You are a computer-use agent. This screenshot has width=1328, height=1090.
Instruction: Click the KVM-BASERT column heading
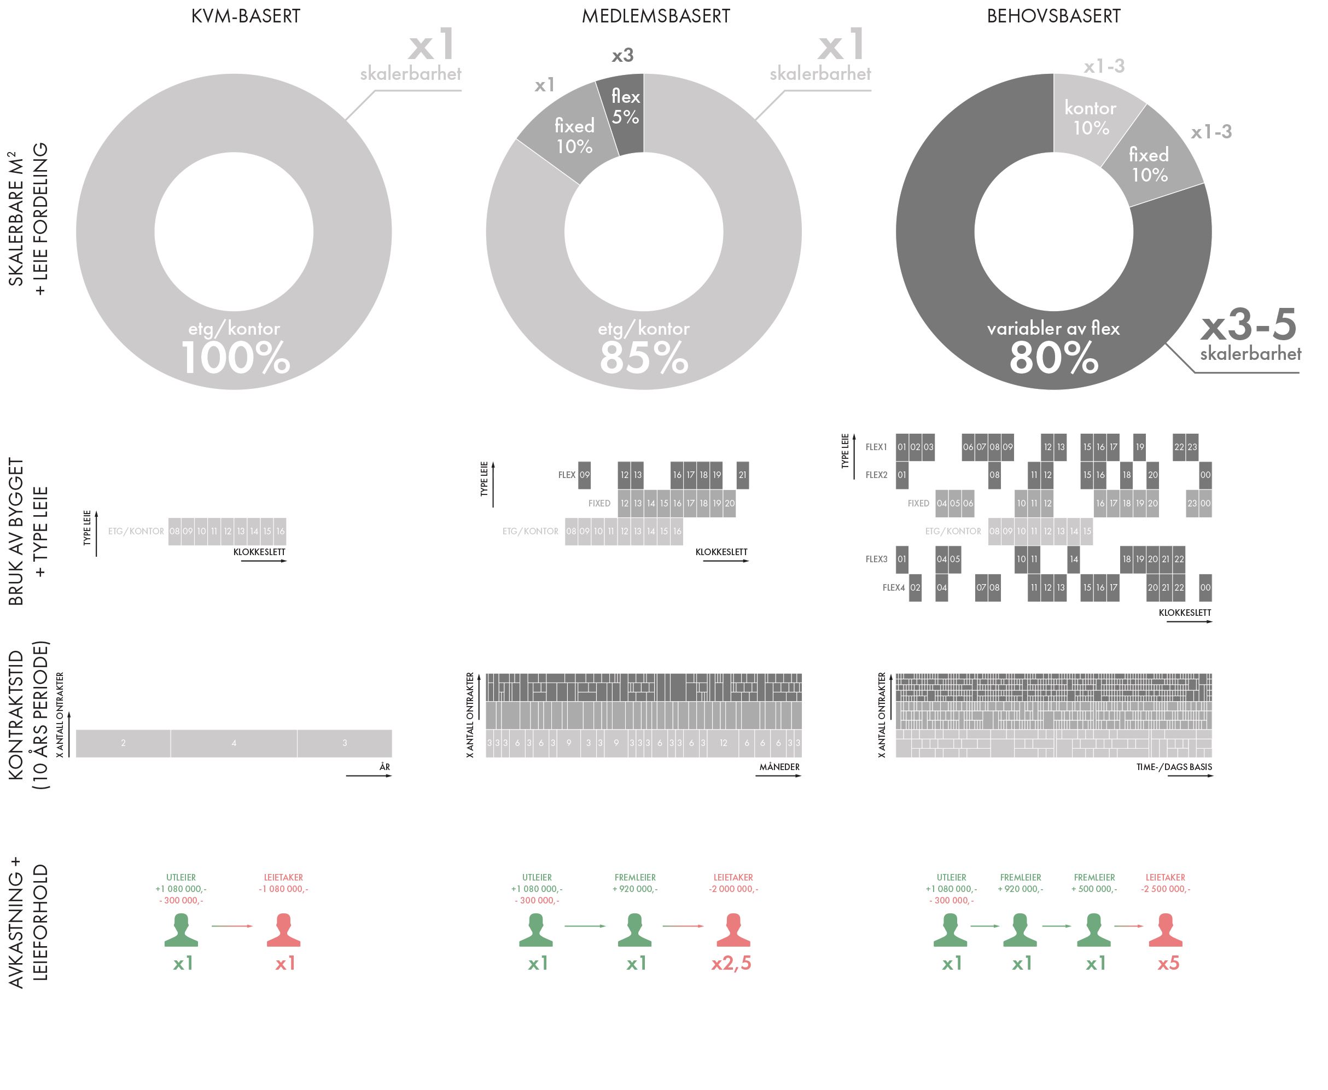[246, 16]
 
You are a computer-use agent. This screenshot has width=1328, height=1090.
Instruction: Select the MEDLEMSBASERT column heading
[656, 16]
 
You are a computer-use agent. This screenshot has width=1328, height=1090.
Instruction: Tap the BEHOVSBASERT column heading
[1053, 16]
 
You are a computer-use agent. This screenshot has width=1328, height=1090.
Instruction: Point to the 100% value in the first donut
[235, 358]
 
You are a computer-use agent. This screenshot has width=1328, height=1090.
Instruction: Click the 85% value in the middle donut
[644, 358]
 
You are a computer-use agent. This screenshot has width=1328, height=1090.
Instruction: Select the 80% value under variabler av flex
[1053, 358]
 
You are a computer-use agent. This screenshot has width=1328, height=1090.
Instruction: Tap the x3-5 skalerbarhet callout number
[1248, 325]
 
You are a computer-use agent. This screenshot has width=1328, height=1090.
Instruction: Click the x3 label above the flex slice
[623, 56]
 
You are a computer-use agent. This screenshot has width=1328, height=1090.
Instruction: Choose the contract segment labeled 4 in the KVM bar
[234, 743]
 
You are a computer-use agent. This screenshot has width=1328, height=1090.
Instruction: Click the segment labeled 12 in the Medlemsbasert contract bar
[723, 743]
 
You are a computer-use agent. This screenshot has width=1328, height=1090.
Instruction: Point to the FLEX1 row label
[876, 447]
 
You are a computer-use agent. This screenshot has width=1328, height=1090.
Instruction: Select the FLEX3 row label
[876, 559]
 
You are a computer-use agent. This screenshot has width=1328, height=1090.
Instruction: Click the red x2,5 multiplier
[731, 963]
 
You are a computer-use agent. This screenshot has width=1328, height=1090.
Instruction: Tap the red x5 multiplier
[1168, 963]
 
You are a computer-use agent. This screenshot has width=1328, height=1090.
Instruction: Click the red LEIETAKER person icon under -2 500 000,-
[1166, 930]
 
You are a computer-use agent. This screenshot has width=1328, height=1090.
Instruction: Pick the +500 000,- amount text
[1094, 889]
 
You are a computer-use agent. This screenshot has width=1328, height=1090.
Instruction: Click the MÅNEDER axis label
[779, 767]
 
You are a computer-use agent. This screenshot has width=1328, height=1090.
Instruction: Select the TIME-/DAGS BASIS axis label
[1174, 767]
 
